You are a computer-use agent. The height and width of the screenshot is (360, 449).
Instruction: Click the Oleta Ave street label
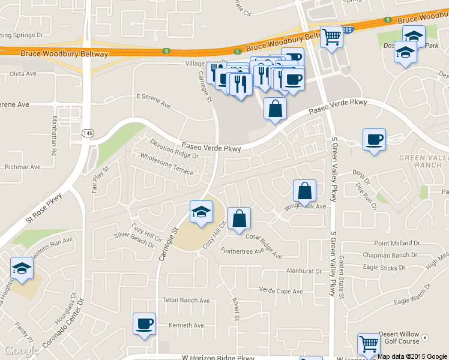coord(23,74)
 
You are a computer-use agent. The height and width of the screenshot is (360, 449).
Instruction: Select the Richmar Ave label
coord(22,167)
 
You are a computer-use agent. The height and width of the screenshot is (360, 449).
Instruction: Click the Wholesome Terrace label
coord(167,163)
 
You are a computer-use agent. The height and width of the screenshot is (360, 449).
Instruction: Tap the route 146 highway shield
coord(89,132)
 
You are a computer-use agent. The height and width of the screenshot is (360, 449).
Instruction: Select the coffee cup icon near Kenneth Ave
coord(144,324)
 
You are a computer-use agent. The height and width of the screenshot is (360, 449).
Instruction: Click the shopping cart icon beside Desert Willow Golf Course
coord(369,344)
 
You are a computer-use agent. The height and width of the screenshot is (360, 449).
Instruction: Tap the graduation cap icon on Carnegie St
coord(201,211)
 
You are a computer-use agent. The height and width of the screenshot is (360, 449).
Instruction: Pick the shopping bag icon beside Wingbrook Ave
coord(305,191)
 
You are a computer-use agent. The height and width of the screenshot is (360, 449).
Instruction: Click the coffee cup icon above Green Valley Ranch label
coord(374,139)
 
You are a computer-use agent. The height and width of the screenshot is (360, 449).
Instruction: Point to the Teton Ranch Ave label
coord(186,300)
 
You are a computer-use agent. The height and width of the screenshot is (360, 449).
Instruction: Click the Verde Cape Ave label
coord(281,291)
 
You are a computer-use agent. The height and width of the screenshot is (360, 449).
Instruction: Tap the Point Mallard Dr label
coord(396,243)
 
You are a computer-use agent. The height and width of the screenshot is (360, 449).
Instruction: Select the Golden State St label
coord(341,276)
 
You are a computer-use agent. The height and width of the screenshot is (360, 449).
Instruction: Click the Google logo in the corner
coord(22,350)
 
